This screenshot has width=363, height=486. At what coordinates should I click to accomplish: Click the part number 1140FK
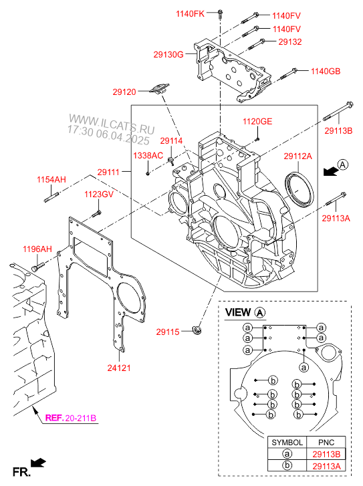[190, 13]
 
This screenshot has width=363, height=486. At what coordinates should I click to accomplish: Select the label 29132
[290, 42]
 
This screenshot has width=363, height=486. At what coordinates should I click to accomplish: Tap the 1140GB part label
[326, 72]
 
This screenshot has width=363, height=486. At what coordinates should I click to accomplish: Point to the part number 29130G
[168, 55]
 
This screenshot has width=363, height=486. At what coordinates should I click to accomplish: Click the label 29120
[124, 92]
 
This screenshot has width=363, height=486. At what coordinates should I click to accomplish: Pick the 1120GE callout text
[257, 121]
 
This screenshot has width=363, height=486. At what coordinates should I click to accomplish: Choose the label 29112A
[298, 156]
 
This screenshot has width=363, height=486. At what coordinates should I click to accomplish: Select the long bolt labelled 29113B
[338, 111]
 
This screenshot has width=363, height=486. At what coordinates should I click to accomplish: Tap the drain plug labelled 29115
[197, 330]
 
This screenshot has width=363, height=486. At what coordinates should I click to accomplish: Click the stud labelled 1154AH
[51, 197]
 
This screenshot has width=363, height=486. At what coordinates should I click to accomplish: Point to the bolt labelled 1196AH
[38, 267]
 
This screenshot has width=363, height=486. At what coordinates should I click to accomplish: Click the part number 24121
[119, 368]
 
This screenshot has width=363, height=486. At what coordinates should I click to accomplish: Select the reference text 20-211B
[81, 418]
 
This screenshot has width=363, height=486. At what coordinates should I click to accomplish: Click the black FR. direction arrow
[38, 463]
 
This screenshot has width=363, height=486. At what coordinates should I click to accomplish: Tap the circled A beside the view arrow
[342, 164]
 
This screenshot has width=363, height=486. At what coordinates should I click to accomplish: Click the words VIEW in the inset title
[238, 312]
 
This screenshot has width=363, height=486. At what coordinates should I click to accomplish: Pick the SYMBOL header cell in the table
[287, 443]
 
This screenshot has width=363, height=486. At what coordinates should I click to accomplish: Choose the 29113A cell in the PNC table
[326, 466]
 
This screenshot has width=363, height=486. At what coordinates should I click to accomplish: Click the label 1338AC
[148, 156]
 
